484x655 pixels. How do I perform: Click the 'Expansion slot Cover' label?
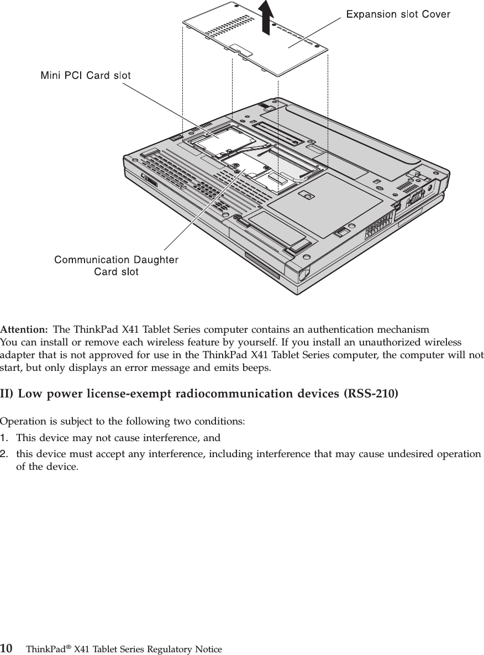pyautogui.click(x=398, y=14)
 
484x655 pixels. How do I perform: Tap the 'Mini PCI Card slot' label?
pyautogui.click(x=86, y=76)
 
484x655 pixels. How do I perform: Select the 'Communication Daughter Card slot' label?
pyautogui.click(x=116, y=265)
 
